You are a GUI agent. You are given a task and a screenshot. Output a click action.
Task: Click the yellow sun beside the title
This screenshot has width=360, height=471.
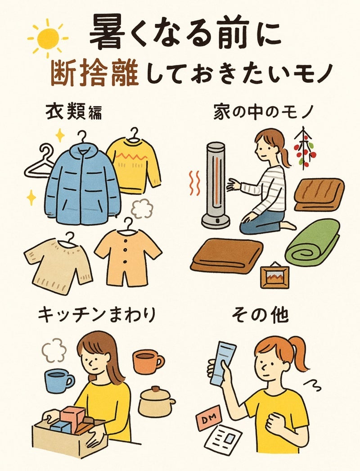click(x=48, y=38)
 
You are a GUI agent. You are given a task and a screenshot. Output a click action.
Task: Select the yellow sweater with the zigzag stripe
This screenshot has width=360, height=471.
click(x=134, y=164)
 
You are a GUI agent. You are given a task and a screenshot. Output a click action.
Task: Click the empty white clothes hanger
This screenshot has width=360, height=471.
click(x=39, y=164)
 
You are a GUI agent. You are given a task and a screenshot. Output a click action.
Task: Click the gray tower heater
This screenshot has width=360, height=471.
click(x=215, y=185)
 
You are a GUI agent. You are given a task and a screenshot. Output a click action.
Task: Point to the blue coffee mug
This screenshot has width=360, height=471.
click(x=58, y=381)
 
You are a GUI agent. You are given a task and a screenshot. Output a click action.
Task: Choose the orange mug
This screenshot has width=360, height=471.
click(x=148, y=361)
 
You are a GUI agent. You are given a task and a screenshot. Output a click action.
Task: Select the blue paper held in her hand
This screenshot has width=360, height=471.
click(x=222, y=363)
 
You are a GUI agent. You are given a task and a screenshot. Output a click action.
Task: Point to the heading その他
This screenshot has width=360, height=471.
click(x=260, y=315)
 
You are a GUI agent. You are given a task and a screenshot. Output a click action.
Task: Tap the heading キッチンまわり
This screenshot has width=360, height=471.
click(x=97, y=315)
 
